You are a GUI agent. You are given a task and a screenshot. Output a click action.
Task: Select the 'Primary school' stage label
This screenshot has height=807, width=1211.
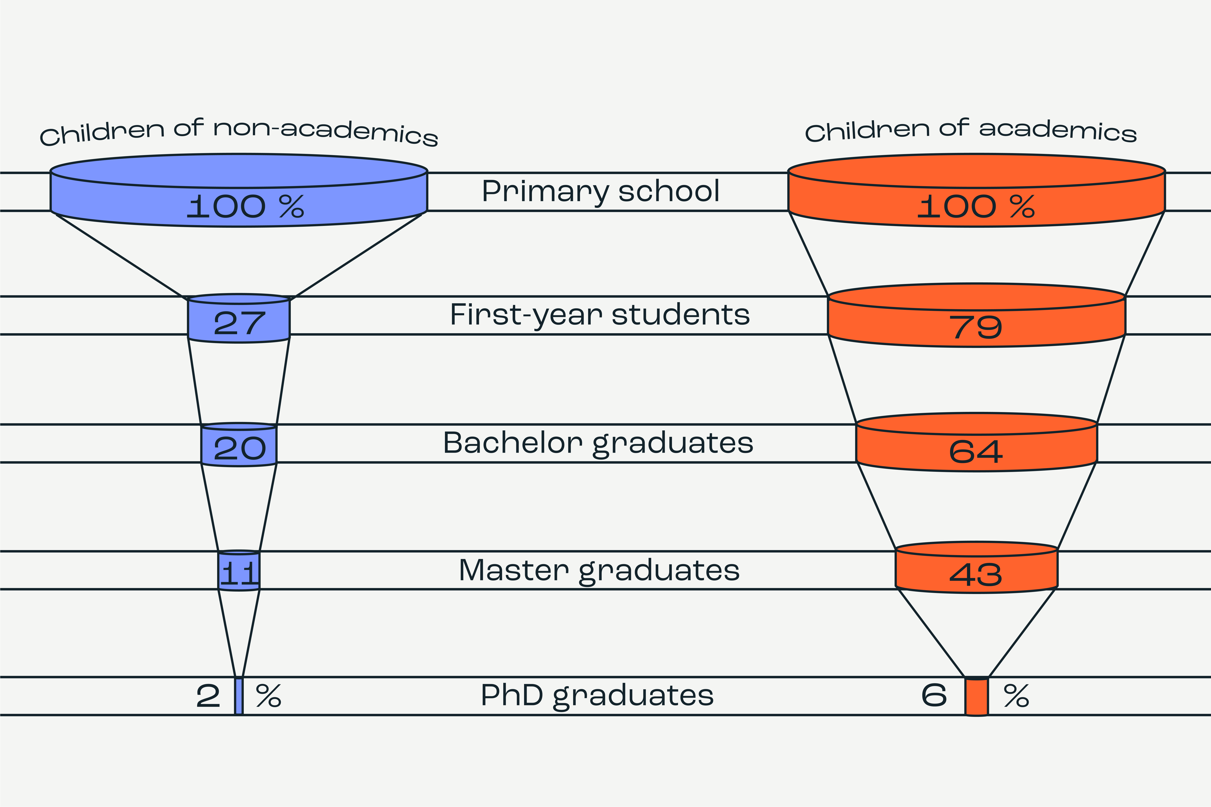[x=600, y=191]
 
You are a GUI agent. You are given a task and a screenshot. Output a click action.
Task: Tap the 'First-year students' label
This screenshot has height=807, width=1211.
[x=600, y=315]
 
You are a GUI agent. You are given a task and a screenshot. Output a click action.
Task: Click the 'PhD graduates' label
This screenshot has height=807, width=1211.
[x=597, y=696]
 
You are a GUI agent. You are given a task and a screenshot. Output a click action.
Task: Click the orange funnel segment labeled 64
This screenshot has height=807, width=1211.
[x=976, y=450]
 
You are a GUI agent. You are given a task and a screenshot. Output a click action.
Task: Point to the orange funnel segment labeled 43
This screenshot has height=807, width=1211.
[x=976, y=573]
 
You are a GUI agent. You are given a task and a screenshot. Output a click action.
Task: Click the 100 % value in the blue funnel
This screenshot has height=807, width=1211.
[x=245, y=206]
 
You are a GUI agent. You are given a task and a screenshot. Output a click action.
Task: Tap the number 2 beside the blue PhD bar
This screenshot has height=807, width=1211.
[x=208, y=696]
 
